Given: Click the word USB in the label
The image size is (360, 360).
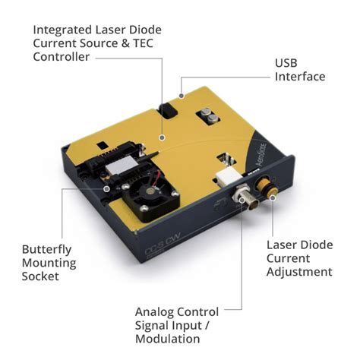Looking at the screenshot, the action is [x=286, y=63].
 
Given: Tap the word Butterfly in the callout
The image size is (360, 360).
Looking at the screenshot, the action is [x=46, y=250].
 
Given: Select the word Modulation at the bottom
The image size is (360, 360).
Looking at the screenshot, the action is [x=168, y=339].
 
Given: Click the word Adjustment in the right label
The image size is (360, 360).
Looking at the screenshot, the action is [x=299, y=272].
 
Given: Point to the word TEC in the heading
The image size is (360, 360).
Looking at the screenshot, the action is [x=144, y=43].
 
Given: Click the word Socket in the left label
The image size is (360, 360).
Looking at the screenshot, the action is [x=40, y=276].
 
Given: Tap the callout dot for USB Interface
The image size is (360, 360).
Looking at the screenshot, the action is [x=182, y=96].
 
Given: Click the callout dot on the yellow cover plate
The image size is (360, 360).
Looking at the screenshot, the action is [x=163, y=137].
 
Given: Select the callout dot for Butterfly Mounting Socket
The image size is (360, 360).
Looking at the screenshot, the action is [x=107, y=188].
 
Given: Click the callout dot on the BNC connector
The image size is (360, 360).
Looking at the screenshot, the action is [x=242, y=201].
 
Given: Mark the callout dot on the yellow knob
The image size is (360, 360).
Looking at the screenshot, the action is [x=273, y=197].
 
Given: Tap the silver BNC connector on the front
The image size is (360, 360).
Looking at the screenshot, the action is [x=246, y=198].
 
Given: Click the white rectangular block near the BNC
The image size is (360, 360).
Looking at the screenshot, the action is [x=226, y=178].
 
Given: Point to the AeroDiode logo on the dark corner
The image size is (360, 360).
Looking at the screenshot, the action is [x=261, y=154].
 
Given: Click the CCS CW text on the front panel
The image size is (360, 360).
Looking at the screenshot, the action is [x=163, y=244].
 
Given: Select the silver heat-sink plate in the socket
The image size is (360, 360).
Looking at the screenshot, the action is [x=121, y=165].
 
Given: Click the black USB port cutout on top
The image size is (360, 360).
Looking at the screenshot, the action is [x=167, y=111].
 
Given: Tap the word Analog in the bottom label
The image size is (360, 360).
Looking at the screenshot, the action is [x=151, y=313].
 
